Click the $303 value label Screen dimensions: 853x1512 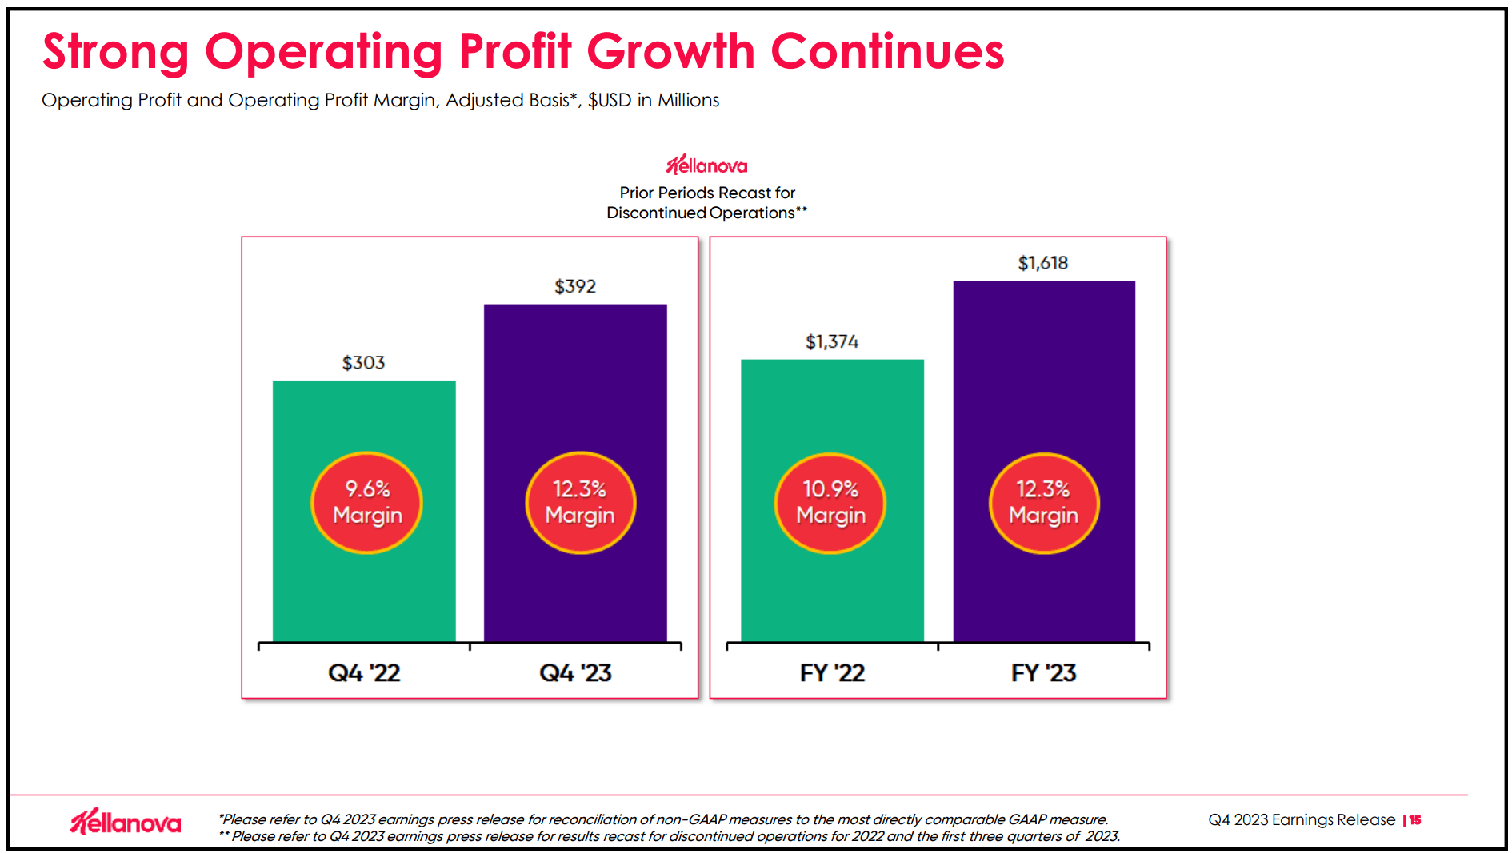[x=363, y=363]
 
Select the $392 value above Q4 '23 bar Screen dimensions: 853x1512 [x=575, y=286]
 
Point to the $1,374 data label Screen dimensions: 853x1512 [x=832, y=342]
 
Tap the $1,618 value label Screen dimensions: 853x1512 [x=1042, y=263]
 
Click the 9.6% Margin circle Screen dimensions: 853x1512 [x=366, y=503]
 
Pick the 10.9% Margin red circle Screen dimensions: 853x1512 [x=830, y=503]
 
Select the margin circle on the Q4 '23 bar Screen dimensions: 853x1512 [x=580, y=503]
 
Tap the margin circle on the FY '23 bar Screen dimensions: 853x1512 [x=1043, y=503]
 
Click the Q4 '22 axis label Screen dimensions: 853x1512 [x=364, y=672]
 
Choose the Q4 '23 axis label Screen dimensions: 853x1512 [x=575, y=672]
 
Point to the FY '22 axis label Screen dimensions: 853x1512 [x=832, y=672]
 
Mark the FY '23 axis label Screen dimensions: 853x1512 [x=1043, y=672]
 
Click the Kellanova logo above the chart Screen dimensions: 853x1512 [x=706, y=165]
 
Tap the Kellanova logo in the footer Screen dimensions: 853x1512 [x=126, y=822]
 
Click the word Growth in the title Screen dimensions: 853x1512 [x=670, y=52]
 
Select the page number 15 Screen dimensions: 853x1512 [x=1415, y=820]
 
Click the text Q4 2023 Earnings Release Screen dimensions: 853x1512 [x=1301, y=820]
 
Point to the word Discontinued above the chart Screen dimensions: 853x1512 [x=656, y=213]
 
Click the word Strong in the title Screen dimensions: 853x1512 [x=115, y=52]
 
